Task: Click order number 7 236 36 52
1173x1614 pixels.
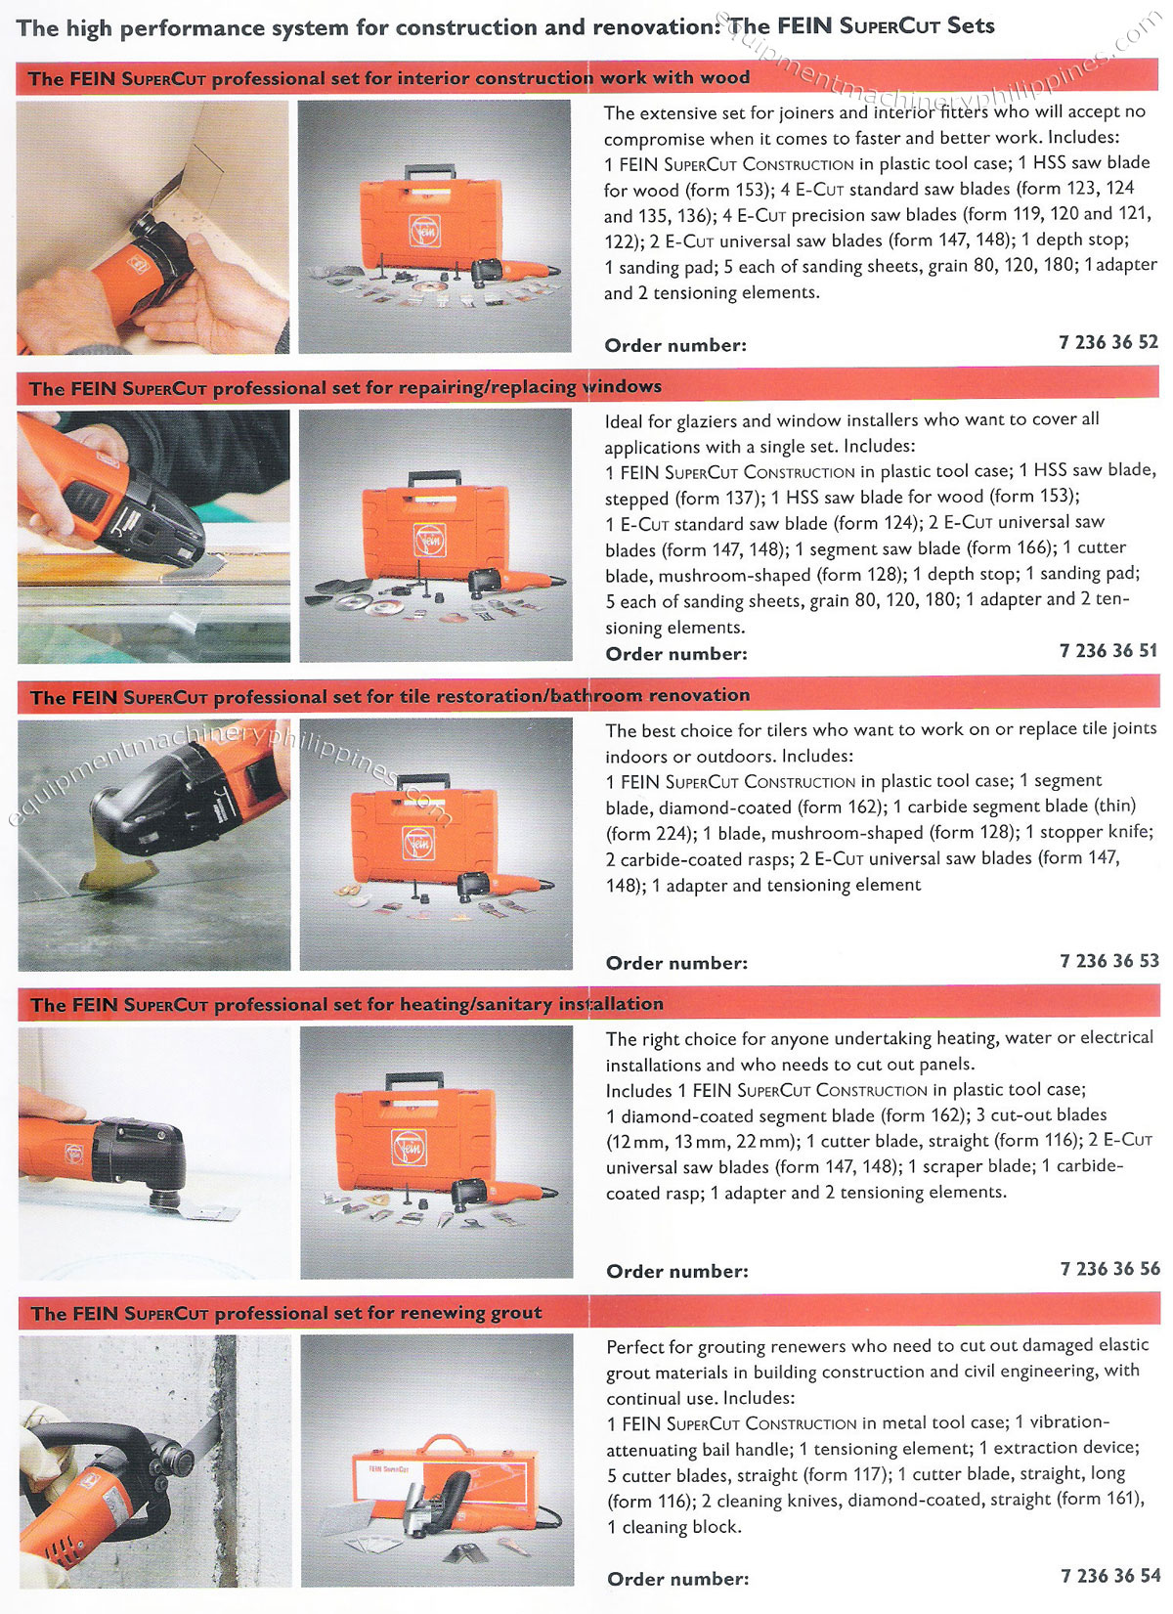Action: click(1108, 342)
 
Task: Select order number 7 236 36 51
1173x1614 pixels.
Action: click(1108, 651)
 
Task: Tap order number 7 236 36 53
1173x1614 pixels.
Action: click(1108, 961)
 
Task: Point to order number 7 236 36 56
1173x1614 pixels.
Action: click(1109, 1269)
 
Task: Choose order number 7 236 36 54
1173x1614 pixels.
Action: click(1109, 1576)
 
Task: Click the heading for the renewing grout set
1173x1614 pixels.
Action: click(285, 1313)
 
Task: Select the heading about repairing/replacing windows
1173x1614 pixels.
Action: click(345, 387)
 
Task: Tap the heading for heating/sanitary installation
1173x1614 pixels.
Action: click(346, 1004)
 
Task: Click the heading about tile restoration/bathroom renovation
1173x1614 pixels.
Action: click(390, 696)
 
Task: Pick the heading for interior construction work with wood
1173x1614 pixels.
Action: click(388, 78)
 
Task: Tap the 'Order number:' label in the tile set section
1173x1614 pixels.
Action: click(676, 963)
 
